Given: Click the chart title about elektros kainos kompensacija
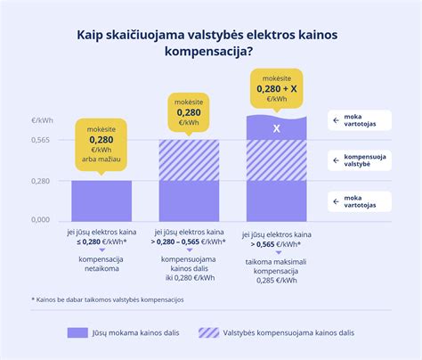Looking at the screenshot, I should [x=210, y=42].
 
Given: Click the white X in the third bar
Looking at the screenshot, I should [x=276, y=128].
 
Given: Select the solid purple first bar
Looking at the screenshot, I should [x=101, y=200].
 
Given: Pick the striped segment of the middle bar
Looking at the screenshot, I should [x=189, y=160].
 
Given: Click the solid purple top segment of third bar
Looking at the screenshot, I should [x=276, y=128].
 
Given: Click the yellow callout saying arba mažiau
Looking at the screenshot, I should [x=101, y=144].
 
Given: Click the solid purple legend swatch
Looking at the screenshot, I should [x=77, y=332].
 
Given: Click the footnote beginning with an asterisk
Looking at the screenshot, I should [x=107, y=299].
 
